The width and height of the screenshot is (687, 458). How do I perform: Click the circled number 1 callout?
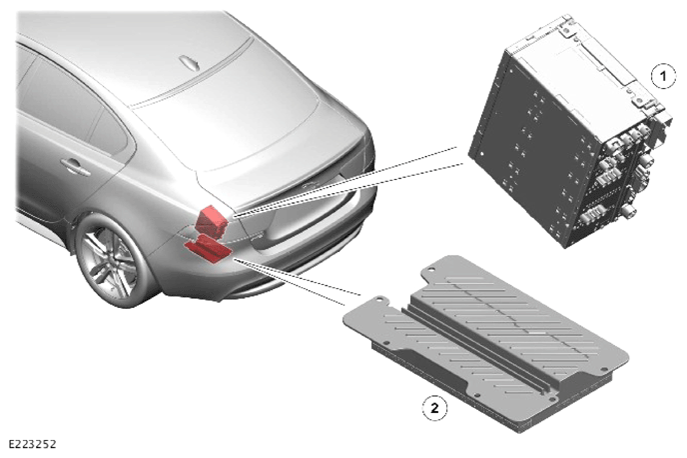(x=662, y=76)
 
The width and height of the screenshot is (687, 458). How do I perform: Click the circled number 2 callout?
(x=434, y=408)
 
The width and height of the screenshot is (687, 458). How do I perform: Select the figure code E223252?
(x=32, y=444)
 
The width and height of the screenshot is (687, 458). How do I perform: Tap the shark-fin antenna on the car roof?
(x=190, y=63)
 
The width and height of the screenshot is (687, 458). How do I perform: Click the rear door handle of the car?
(x=75, y=166)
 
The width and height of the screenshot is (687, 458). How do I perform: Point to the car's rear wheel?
(x=111, y=263)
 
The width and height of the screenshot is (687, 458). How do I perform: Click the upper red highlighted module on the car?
(x=211, y=222)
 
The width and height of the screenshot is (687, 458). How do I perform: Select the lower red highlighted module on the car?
(x=208, y=249)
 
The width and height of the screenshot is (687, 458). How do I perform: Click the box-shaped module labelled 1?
(x=569, y=132)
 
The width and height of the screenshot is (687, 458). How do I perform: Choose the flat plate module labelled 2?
(x=486, y=342)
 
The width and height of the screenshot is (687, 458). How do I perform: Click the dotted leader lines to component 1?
(x=348, y=181)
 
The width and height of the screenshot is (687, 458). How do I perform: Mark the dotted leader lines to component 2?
(x=298, y=281)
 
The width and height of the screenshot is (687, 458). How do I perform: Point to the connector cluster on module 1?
(x=622, y=175)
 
